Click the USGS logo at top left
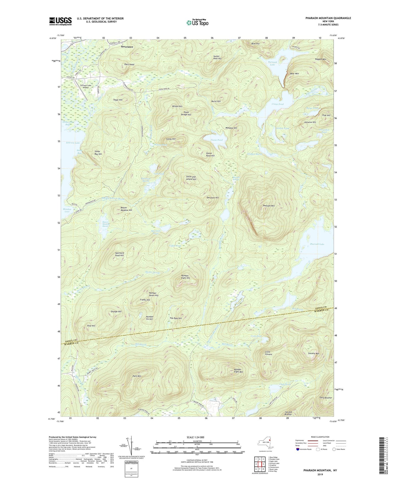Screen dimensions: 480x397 [60, 21]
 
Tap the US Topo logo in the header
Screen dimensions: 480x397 [197, 23]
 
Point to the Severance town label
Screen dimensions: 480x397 [127, 47]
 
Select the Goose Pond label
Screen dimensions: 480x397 [216, 140]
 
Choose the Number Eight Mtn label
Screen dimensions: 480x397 [238, 371]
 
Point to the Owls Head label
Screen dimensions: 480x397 [129, 64]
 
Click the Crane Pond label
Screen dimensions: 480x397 [277, 104]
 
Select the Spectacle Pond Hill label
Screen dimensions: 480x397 [120, 254]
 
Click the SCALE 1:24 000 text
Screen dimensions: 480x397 [197, 437]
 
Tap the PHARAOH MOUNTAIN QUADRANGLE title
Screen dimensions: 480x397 [328, 18]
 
